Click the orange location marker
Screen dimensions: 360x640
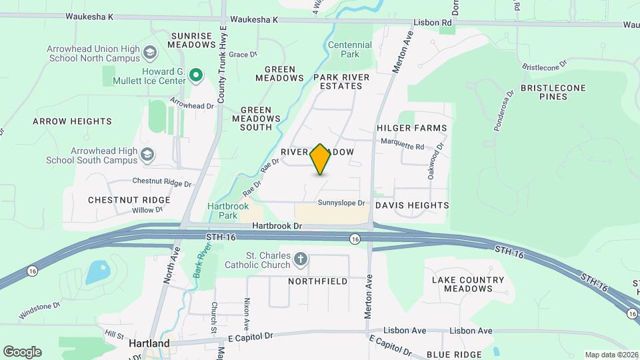tap(321, 159)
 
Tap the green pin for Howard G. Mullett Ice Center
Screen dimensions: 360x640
tap(195, 76)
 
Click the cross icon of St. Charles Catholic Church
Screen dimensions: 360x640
tap(301, 259)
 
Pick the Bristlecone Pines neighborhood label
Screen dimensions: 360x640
tap(553, 92)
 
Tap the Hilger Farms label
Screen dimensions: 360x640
tap(411, 127)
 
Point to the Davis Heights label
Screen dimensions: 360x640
tap(412, 205)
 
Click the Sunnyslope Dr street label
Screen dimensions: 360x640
tap(342, 203)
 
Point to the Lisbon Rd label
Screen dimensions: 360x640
tap(437, 23)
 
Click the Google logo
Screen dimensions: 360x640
tap(22, 352)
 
